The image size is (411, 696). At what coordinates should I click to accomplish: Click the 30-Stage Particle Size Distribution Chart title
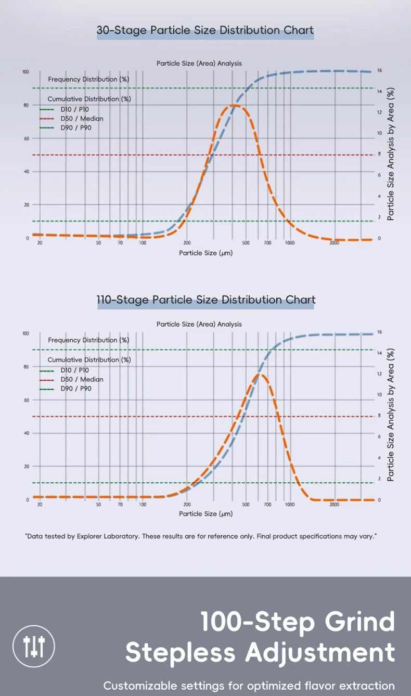pyautogui.click(x=205, y=30)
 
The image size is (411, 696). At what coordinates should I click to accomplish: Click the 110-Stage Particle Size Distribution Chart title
pyautogui.click(x=206, y=300)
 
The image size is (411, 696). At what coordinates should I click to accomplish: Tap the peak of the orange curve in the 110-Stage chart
pyautogui.click(x=260, y=374)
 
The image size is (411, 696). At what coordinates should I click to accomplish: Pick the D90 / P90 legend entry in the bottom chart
pyautogui.click(x=76, y=389)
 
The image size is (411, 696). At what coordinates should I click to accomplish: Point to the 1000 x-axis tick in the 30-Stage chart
pyautogui.click(x=290, y=243)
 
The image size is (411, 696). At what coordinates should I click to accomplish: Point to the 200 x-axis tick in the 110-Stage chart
pyautogui.click(x=187, y=504)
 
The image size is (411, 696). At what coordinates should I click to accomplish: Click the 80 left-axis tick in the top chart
pyautogui.click(x=25, y=105)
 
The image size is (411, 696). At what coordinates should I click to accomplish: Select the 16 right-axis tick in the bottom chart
pyautogui.click(x=380, y=332)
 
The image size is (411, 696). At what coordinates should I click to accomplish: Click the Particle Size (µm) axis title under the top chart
pyautogui.click(x=205, y=253)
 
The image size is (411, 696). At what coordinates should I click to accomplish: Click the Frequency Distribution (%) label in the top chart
pyautogui.click(x=88, y=80)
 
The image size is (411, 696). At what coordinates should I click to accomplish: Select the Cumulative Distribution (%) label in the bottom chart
pyautogui.click(x=89, y=359)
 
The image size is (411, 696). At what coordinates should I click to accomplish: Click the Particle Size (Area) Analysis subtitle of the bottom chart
pyautogui.click(x=199, y=324)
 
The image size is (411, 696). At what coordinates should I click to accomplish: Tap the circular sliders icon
pyautogui.click(x=34, y=646)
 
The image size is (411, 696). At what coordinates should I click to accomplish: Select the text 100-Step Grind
pyautogui.click(x=298, y=622)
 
